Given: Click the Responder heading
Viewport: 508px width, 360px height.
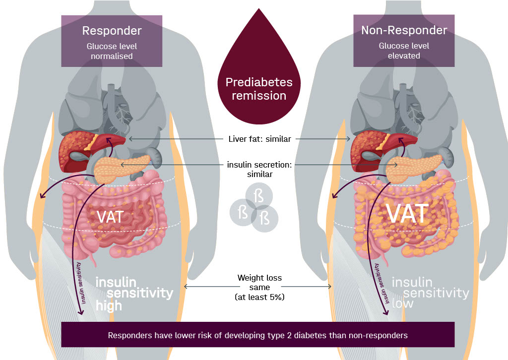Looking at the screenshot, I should click(x=112, y=31).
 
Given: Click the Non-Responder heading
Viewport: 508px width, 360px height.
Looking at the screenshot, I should click(x=404, y=30).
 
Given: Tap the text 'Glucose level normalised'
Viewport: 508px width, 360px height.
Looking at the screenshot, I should click(x=112, y=51).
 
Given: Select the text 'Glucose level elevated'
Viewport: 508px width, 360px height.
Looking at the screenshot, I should click(x=404, y=51).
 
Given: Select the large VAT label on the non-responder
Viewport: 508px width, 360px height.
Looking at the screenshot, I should click(x=407, y=213).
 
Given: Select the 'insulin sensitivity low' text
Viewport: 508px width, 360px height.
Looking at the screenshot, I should click(x=430, y=293).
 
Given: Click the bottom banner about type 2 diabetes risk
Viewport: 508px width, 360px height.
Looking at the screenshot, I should click(x=257, y=335).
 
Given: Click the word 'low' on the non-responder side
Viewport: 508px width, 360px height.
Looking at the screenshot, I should click(x=402, y=303).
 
